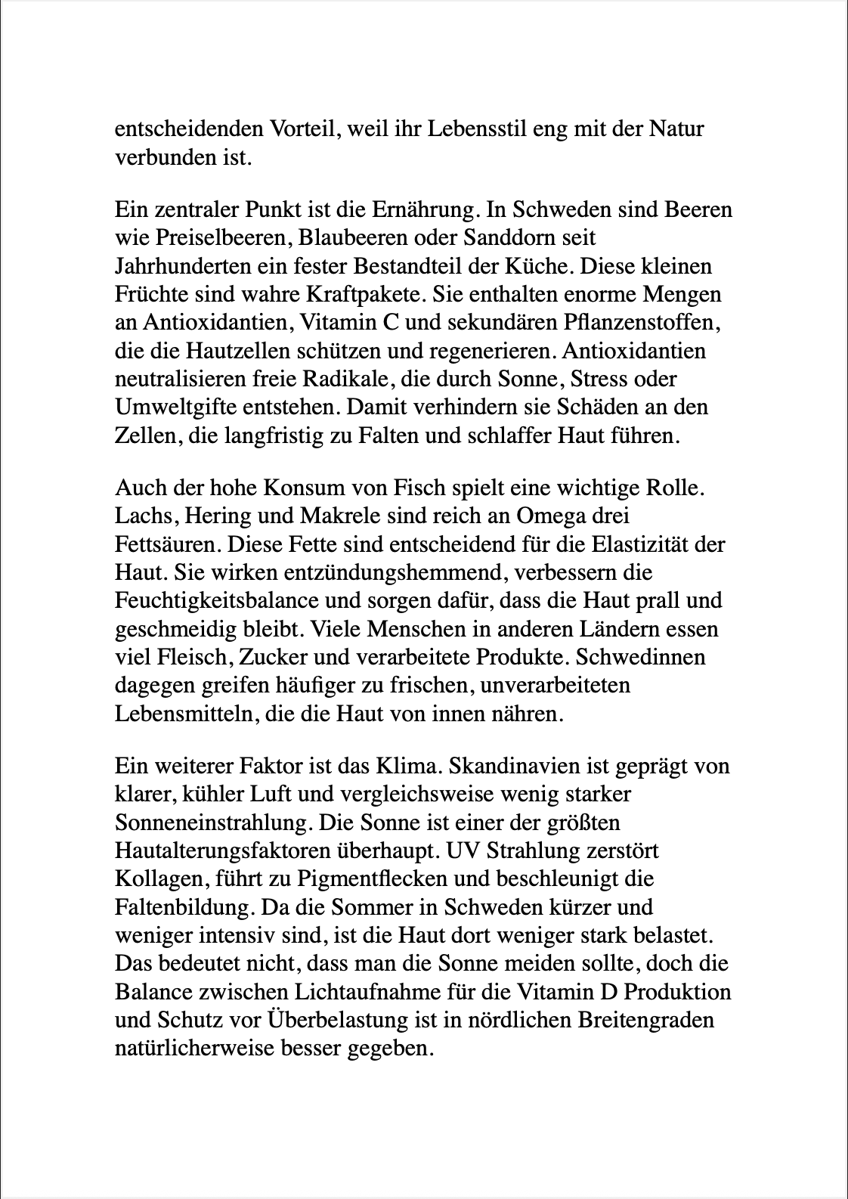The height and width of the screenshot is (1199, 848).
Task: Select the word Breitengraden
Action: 645,1021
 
